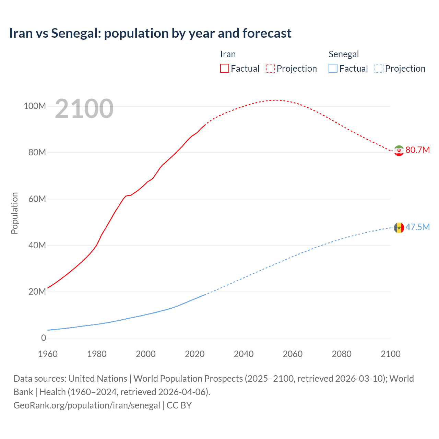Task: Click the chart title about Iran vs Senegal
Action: tap(150, 33)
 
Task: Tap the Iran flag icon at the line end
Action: tap(399, 151)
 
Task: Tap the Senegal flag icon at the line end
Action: tap(399, 228)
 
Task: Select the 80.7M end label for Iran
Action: tap(417, 150)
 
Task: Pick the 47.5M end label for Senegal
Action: tap(417, 227)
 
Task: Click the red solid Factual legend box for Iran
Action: tap(225, 68)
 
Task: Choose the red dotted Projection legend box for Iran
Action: tap(270, 68)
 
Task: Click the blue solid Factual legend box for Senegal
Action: tap(333, 68)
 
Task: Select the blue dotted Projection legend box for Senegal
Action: tap(379, 68)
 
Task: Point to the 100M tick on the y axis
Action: tap(35, 106)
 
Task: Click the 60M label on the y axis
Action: tap(37, 199)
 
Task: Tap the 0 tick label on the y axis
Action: tap(44, 338)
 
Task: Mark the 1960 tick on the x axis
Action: tap(48, 354)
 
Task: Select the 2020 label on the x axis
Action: tap(195, 354)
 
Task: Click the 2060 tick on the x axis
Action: tap(293, 354)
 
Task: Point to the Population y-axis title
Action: tap(14, 213)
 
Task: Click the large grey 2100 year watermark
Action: tap(84, 109)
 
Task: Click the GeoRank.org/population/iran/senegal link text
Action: tap(87, 405)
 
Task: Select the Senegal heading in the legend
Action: tap(344, 54)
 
